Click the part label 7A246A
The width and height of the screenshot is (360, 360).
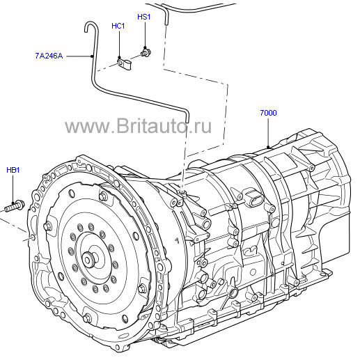49,56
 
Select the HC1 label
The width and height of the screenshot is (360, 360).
118,26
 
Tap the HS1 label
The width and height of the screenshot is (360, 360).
144,17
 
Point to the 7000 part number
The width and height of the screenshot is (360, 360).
268,113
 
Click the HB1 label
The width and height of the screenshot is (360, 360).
13,170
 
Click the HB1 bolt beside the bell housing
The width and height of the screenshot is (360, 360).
15,206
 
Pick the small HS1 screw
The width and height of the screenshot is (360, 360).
146,52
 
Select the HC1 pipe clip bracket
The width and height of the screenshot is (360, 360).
124,64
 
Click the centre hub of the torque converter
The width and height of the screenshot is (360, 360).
88,259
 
